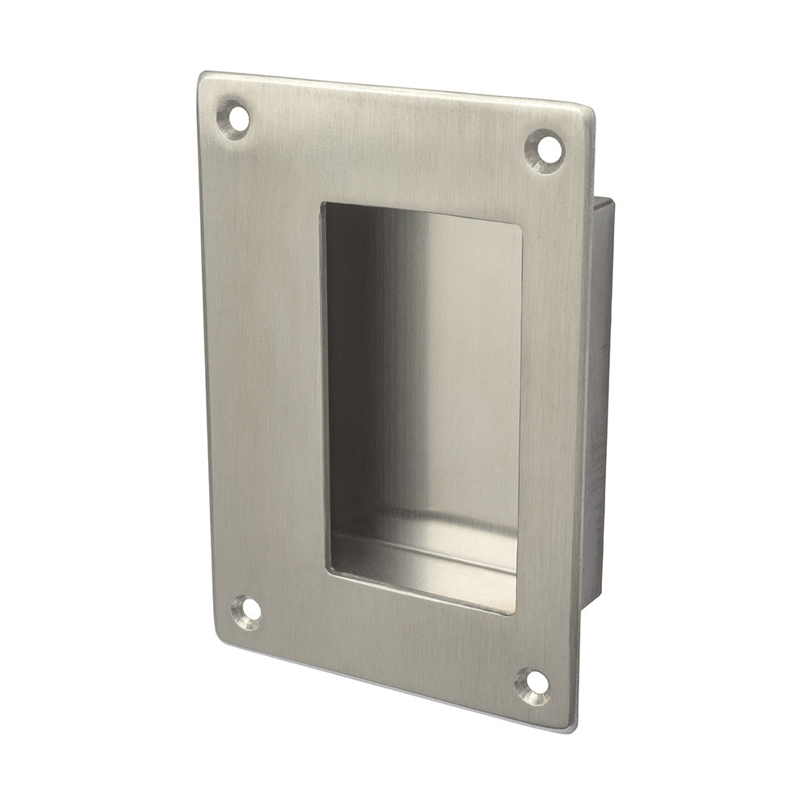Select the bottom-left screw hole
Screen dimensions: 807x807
(x=249, y=611)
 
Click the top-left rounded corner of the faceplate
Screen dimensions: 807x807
(x=204, y=78)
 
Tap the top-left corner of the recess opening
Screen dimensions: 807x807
(x=323, y=204)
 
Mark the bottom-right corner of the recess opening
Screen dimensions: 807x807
(x=515, y=612)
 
